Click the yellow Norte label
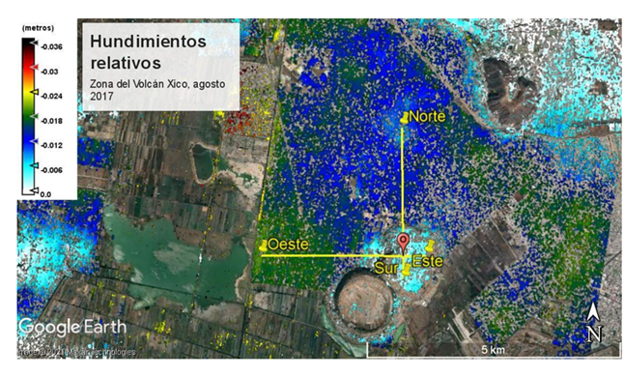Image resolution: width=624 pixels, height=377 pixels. (427, 117)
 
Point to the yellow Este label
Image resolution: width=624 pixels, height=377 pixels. (427, 262)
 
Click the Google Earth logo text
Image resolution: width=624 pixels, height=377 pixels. (64, 327)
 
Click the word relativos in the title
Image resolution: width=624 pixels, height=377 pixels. (123, 64)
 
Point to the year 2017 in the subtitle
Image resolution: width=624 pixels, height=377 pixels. (103, 98)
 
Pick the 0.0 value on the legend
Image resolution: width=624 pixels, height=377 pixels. (45, 194)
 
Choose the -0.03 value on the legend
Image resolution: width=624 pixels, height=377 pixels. (48, 71)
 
